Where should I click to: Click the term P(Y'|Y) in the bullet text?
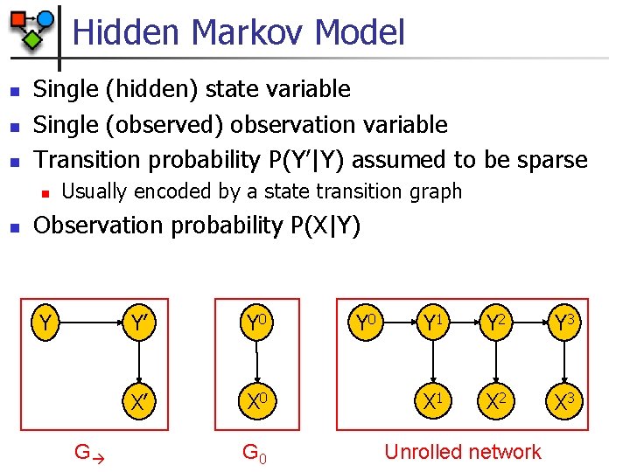304,159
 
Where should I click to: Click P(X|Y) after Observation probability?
322,226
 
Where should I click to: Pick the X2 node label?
496,403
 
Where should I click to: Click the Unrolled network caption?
463,452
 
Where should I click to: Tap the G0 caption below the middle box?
254,453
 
